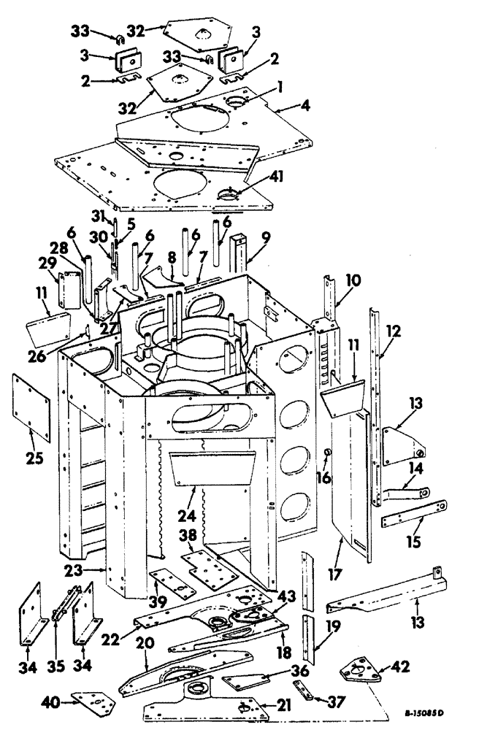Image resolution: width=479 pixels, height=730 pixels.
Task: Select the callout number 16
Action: tap(323, 477)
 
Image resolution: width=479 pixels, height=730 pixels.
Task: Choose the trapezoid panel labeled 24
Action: tap(209, 467)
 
